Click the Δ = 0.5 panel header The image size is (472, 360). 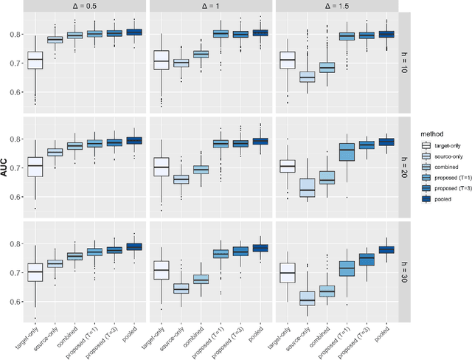click(85, 6)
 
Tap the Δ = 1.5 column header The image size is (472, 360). click(335, 6)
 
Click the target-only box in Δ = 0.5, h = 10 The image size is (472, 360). click(35, 60)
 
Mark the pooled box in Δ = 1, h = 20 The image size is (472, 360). click(260, 141)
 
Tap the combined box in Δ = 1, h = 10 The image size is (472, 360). click(200, 54)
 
